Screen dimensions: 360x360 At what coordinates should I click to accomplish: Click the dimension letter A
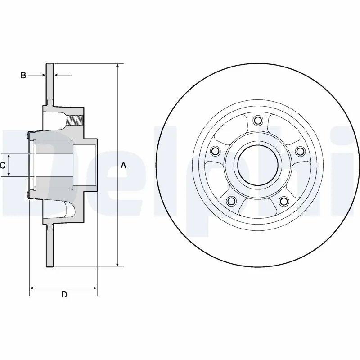[x=124, y=166]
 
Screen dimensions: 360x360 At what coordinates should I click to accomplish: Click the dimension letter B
[x=23, y=75]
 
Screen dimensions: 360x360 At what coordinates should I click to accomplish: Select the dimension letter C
[x=3, y=165]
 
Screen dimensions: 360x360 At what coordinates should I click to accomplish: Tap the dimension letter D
[x=64, y=295]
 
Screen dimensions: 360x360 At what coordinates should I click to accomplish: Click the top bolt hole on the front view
[x=258, y=120]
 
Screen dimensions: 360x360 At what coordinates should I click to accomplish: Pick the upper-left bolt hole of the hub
[x=215, y=151]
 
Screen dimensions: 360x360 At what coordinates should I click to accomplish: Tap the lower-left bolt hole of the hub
[x=231, y=201]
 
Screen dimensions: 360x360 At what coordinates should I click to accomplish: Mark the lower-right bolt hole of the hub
[x=284, y=201]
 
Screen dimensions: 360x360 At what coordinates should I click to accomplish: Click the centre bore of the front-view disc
[x=258, y=165]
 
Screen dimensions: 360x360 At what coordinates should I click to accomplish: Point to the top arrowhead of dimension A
[x=117, y=67]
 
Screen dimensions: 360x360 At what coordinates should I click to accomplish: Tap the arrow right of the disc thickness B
[x=57, y=75]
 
